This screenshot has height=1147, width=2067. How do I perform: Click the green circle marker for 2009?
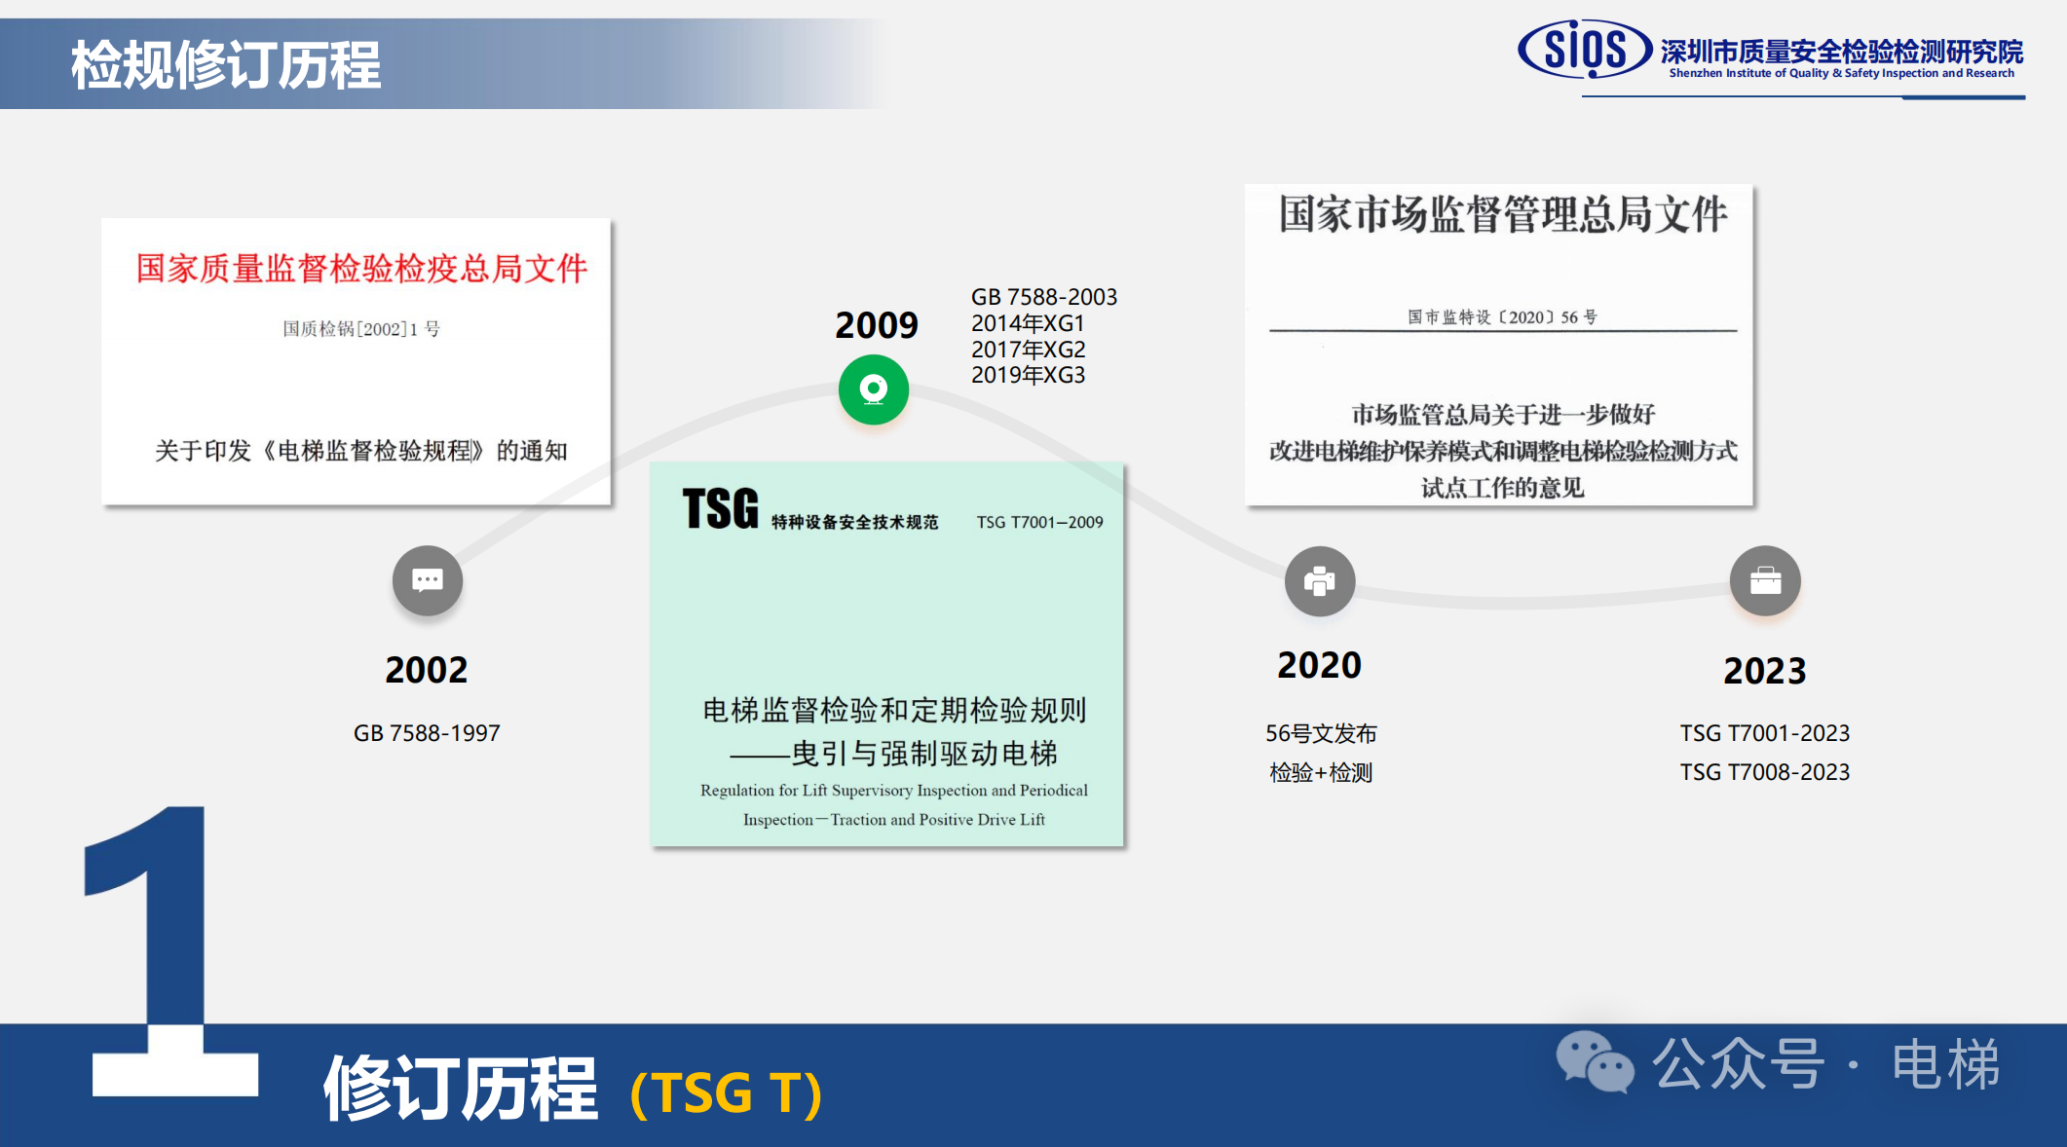874,389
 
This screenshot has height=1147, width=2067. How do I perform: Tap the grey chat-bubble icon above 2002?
428,581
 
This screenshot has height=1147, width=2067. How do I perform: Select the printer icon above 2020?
1320,581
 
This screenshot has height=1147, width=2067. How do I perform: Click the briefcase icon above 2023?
1765,581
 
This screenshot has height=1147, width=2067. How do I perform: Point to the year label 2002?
427,670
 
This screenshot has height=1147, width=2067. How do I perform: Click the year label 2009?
877,325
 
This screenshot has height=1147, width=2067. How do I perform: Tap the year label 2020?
1320,665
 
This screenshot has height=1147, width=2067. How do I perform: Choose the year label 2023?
1765,671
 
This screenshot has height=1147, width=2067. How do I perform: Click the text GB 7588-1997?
427,733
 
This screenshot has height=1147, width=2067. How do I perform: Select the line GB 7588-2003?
1044,297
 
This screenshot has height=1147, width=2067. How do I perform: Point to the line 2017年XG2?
1028,350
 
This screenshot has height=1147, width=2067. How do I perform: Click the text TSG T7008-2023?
1765,772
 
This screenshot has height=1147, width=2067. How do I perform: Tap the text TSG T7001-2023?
1765,733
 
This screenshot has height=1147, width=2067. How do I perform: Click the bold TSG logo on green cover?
720,509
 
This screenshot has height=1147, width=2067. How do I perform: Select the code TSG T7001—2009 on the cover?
1040,523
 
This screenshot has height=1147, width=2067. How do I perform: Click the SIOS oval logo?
1585,49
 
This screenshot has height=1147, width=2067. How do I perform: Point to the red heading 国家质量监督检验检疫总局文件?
361,269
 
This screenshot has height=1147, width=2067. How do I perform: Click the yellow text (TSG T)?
727,1093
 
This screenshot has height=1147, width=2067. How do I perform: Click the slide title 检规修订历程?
226,65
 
